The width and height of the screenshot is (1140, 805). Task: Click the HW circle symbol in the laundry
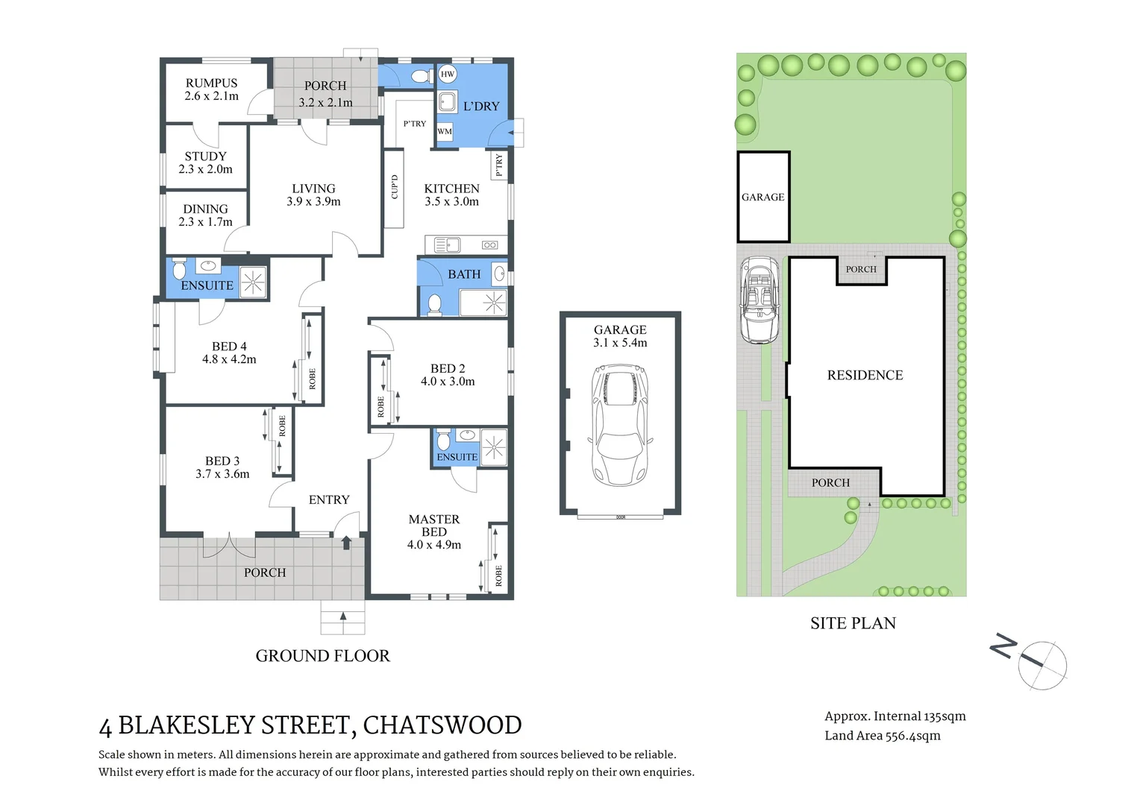click(x=447, y=74)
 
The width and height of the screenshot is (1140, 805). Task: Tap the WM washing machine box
click(x=445, y=131)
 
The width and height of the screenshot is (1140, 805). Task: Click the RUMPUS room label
click(x=211, y=83)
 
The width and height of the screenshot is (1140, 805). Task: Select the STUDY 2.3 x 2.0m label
click(x=205, y=162)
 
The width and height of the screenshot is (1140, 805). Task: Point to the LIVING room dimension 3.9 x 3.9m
click(x=313, y=202)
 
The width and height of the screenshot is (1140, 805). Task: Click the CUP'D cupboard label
click(x=394, y=187)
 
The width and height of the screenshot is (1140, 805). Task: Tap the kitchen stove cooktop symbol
click(x=489, y=244)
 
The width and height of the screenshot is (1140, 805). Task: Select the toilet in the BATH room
click(x=434, y=303)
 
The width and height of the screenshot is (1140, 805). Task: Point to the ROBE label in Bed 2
click(x=380, y=406)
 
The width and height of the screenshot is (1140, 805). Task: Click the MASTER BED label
click(x=433, y=525)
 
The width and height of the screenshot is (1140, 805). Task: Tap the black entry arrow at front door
click(x=346, y=543)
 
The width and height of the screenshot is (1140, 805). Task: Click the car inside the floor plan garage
click(x=620, y=424)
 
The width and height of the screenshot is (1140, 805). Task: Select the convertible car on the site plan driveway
click(x=759, y=300)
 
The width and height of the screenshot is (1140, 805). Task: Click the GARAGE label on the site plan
click(x=762, y=198)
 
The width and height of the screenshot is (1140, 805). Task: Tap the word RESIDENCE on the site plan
click(x=865, y=376)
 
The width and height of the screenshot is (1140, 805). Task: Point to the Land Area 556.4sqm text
click(x=882, y=736)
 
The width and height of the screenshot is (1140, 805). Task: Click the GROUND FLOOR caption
click(x=322, y=656)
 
